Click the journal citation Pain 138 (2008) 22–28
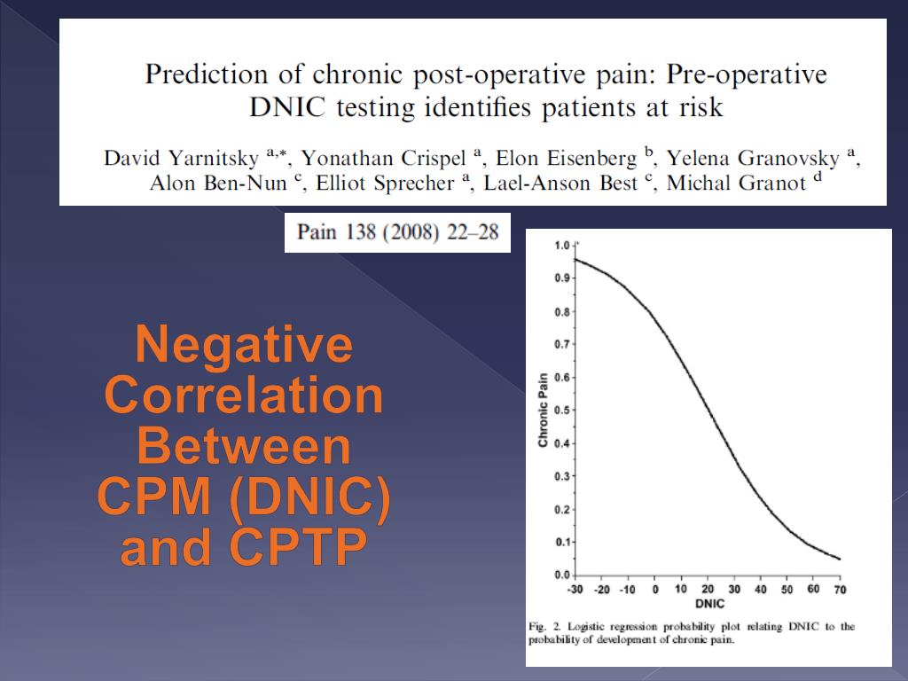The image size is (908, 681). (397, 232)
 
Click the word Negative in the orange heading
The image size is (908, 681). (244, 345)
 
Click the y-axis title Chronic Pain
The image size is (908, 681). (544, 409)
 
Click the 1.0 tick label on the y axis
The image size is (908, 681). (561, 245)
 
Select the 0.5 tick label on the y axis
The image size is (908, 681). (561, 410)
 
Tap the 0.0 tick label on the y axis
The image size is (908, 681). (561, 575)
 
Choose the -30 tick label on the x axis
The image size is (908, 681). (576, 590)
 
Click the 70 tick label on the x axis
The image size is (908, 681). (839, 590)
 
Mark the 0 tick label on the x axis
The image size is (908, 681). (655, 590)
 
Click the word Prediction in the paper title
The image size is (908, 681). (200, 74)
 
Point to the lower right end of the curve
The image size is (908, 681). (839, 559)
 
